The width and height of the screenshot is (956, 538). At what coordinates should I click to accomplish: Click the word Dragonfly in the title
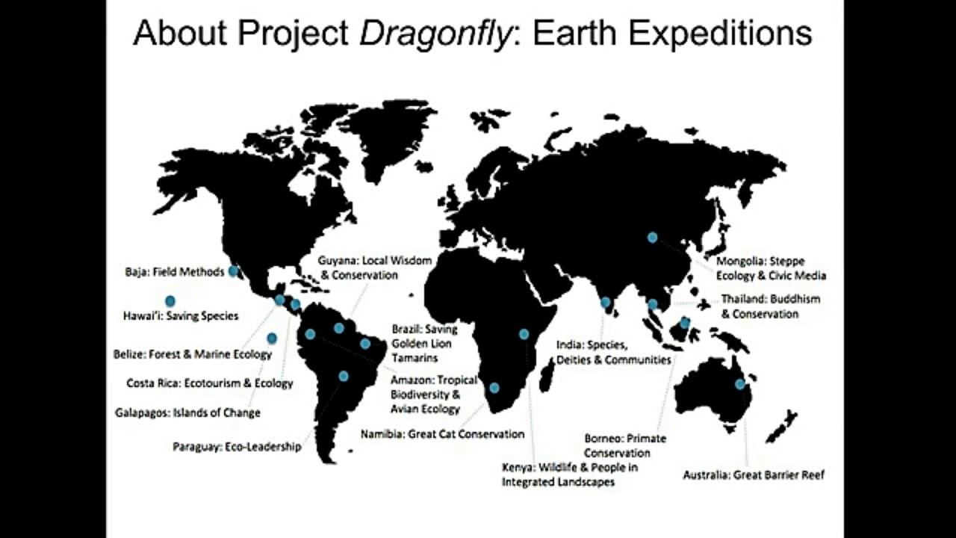click(x=435, y=34)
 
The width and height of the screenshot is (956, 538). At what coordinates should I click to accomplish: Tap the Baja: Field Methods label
click(x=175, y=272)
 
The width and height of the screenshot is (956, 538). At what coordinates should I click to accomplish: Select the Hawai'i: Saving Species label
click(x=181, y=316)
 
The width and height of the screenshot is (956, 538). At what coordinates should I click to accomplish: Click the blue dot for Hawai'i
click(x=170, y=301)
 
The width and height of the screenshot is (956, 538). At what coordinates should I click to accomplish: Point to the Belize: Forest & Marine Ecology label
click(x=193, y=354)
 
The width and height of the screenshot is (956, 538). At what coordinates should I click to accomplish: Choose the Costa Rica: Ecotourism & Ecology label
click(x=210, y=383)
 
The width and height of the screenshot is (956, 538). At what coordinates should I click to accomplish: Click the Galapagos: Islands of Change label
click(x=187, y=412)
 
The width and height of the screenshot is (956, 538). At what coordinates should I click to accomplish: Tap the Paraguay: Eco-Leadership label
click(x=237, y=447)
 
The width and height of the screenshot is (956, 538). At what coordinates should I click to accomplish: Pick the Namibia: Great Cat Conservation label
click(x=442, y=434)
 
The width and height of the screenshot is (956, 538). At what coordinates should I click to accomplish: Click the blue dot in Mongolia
click(x=652, y=237)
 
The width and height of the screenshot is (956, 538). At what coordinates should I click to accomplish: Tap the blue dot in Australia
click(x=739, y=384)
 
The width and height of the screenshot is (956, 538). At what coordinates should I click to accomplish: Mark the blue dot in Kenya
click(x=524, y=334)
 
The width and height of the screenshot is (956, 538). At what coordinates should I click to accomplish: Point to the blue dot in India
click(x=605, y=303)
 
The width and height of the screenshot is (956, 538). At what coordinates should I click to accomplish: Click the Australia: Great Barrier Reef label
click(x=754, y=474)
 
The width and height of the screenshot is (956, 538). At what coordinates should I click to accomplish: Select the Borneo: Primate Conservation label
click(x=625, y=445)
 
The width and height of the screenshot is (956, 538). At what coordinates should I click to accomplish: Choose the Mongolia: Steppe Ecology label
click(x=771, y=268)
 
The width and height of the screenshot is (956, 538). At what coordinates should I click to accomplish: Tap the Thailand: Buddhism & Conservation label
click(x=770, y=306)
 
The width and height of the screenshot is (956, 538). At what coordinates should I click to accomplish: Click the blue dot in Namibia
click(x=494, y=388)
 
